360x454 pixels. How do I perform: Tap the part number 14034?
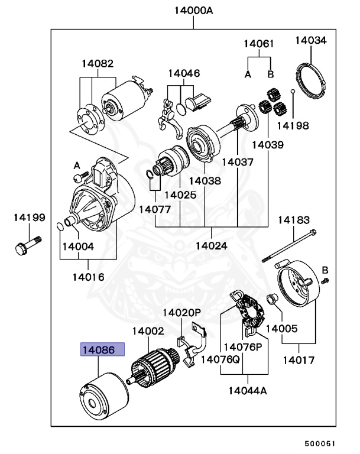click(x=311, y=40)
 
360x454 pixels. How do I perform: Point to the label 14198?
click(x=291, y=125)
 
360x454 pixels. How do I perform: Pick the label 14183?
click(x=294, y=220)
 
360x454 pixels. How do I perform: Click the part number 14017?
click(x=299, y=359)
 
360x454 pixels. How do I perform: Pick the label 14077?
click(x=155, y=209)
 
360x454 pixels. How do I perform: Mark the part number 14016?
click(x=89, y=276)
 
